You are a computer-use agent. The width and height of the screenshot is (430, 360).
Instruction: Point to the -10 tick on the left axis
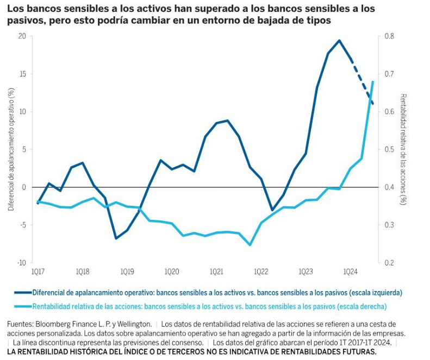click(21, 263)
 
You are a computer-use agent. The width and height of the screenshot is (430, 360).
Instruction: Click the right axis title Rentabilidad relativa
click(403, 149)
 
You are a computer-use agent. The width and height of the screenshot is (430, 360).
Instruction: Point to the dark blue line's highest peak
click(339, 40)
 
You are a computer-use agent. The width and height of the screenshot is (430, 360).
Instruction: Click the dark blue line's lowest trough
click(116, 238)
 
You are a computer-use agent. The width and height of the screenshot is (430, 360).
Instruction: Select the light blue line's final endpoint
click(373, 82)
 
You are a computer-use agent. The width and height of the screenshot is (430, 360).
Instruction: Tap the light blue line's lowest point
click(250, 245)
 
